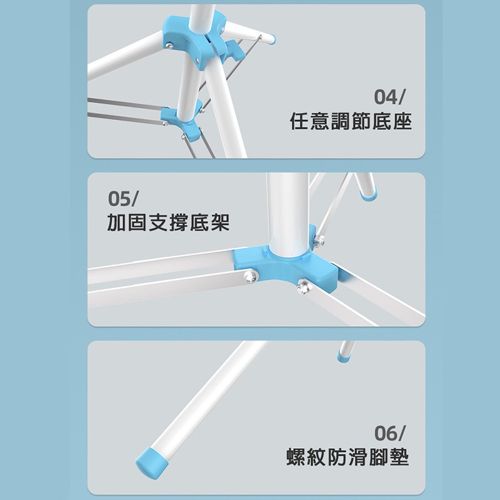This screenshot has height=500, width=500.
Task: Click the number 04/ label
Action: (389, 97)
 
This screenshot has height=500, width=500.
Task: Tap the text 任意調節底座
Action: (351, 121)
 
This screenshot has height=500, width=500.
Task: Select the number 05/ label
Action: (122, 199)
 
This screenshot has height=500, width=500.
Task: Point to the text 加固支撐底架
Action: (168, 222)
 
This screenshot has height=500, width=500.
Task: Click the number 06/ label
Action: (389, 433)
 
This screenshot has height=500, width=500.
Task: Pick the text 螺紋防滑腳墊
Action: (347, 457)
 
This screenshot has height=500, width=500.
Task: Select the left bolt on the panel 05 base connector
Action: (251, 276)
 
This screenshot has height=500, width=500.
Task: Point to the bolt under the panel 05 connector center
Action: (303, 286)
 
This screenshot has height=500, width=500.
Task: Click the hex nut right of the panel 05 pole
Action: (320, 240)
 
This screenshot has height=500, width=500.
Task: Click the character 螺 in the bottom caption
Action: (296, 457)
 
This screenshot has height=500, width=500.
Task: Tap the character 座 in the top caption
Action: (402, 121)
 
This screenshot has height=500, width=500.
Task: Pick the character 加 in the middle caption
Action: (117, 222)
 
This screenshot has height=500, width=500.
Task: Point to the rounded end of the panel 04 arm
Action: (272, 39)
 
